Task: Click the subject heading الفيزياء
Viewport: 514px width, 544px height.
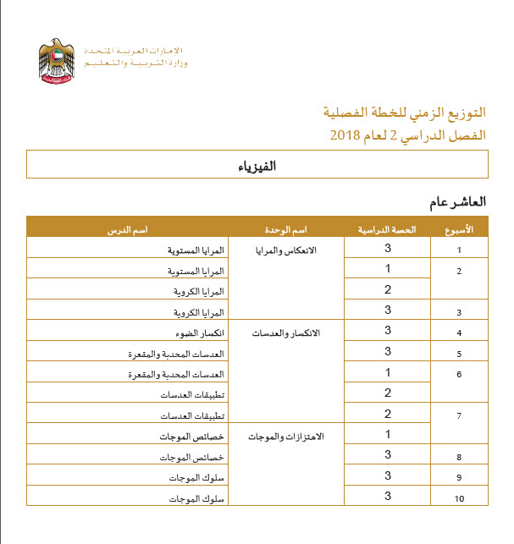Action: click(x=257, y=166)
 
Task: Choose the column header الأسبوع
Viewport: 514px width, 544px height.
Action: click(x=459, y=228)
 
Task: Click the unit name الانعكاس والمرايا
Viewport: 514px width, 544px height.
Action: click(x=292, y=250)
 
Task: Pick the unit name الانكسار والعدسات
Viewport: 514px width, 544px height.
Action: click(x=292, y=333)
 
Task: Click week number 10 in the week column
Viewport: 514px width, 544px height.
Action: click(x=459, y=499)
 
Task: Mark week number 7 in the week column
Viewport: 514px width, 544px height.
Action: click(x=459, y=416)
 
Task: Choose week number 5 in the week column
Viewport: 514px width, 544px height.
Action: click(x=459, y=354)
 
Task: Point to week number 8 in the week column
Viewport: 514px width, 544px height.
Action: click(x=459, y=458)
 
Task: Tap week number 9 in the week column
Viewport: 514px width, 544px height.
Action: click(x=459, y=478)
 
